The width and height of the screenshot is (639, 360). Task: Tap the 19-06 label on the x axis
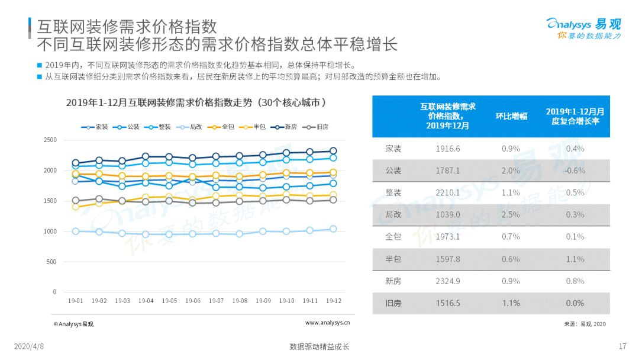tap(193, 301)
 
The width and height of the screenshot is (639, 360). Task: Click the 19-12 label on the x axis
tap(333, 301)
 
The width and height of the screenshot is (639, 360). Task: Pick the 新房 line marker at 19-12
tap(333, 151)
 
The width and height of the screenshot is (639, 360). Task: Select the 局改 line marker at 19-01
tap(76, 231)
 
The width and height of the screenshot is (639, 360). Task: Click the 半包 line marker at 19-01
tap(76, 207)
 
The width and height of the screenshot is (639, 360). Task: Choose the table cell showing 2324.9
tap(448, 281)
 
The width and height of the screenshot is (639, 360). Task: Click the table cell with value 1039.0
tap(448, 214)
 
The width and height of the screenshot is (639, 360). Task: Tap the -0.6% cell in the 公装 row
tap(575, 171)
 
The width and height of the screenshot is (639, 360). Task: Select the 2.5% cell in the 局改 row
tap(511, 214)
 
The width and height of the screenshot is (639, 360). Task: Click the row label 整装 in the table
tap(393, 192)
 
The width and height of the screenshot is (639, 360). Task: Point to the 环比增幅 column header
tap(511, 116)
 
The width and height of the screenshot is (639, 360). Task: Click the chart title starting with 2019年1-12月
tap(196, 102)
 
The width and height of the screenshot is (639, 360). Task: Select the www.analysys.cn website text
tap(327, 323)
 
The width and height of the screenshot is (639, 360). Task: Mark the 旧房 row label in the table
tap(393, 303)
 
